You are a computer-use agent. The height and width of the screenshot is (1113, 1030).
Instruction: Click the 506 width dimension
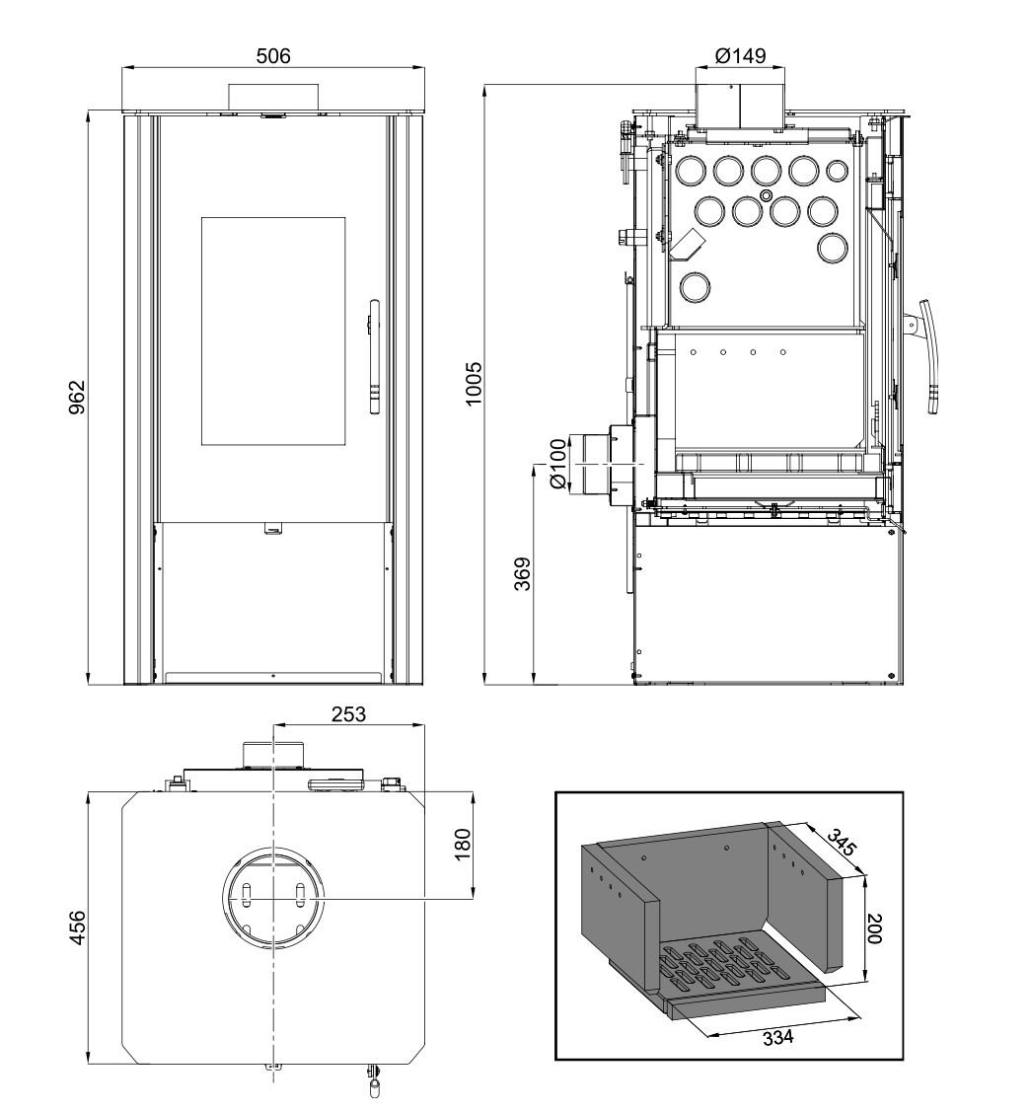[x=273, y=55]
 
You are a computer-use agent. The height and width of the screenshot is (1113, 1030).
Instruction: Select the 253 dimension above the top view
[x=346, y=714]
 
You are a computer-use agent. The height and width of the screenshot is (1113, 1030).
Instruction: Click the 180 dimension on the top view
[x=464, y=847]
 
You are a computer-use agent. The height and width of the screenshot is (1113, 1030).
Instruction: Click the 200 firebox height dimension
[x=873, y=928]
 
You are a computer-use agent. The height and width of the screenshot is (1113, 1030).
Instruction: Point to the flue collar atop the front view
[x=273, y=97]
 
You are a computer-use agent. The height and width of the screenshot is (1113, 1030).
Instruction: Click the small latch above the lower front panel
[x=272, y=529]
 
